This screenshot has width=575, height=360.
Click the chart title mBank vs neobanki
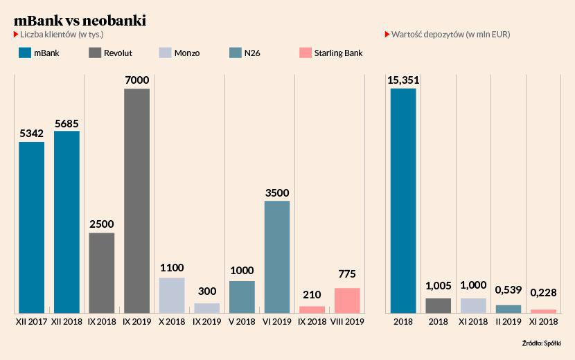(x=80, y=21)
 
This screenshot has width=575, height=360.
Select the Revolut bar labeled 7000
(x=136, y=201)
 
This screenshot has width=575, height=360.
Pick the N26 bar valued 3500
(x=277, y=257)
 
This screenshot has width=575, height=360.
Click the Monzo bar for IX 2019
(x=207, y=308)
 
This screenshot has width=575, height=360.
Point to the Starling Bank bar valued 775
(x=347, y=300)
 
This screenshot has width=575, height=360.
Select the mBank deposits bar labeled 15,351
(x=403, y=201)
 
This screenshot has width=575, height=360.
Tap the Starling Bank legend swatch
(x=305, y=53)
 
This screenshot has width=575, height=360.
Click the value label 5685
(x=67, y=124)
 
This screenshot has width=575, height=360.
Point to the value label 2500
(x=102, y=224)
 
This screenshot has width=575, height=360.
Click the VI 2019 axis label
(x=277, y=322)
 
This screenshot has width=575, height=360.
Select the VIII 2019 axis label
(x=347, y=322)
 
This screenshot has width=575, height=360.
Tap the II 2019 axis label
(x=508, y=322)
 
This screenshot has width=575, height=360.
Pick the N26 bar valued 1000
(x=242, y=297)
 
